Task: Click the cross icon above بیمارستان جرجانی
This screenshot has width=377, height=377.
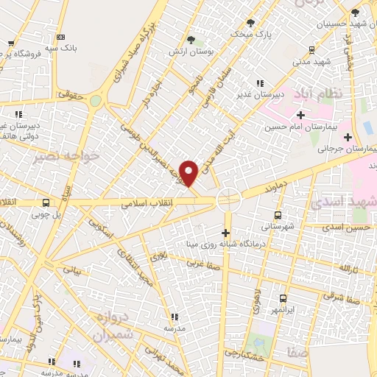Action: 348,136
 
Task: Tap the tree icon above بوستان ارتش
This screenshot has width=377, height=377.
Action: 191,38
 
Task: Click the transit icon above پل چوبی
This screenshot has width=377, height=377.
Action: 46,203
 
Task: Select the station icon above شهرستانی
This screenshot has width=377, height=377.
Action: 277,216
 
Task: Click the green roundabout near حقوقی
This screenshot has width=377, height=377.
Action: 95,102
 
